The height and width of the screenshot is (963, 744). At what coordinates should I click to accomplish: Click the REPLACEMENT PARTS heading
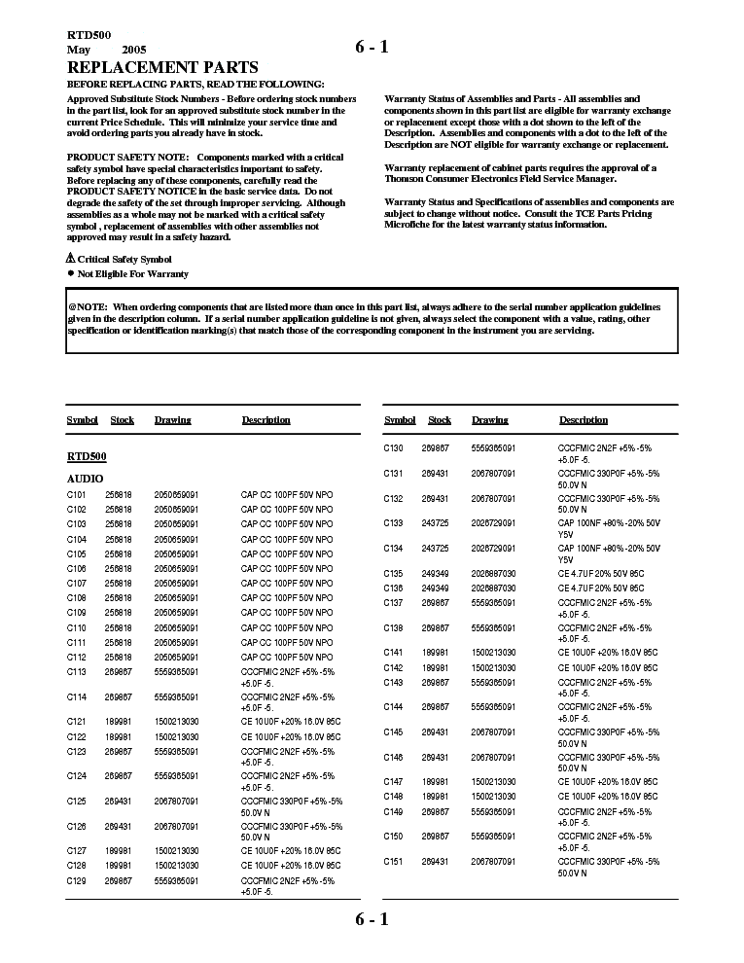pyautogui.click(x=162, y=67)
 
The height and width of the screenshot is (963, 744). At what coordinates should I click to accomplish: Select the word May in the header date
pyautogui.click(x=78, y=49)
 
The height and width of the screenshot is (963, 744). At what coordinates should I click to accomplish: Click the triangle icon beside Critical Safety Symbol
pyautogui.click(x=70, y=259)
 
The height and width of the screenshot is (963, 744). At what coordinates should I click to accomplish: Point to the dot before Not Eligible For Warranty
pyautogui.click(x=70, y=274)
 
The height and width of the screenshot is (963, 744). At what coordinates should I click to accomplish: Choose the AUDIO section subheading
pyautogui.click(x=85, y=480)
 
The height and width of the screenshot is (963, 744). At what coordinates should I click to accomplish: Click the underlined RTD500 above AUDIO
pyautogui.click(x=87, y=456)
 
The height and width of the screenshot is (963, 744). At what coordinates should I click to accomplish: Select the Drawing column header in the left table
pyautogui.click(x=172, y=420)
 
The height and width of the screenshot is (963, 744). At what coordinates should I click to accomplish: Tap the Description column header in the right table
pyautogui.click(x=584, y=420)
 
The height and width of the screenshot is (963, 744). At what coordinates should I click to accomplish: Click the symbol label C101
pyautogui.click(x=77, y=495)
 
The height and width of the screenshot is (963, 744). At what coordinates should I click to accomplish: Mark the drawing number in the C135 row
pyautogui.click(x=493, y=574)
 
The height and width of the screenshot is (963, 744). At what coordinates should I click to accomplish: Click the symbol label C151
pyautogui.click(x=393, y=861)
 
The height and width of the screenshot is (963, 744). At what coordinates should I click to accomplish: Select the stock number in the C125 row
pyautogui.click(x=118, y=802)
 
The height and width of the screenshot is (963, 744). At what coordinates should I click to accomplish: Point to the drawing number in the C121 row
pyautogui.click(x=176, y=722)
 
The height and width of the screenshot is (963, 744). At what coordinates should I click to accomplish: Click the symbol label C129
pyautogui.click(x=77, y=880)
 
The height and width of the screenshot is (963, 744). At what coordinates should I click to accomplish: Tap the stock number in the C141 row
pyautogui.click(x=435, y=653)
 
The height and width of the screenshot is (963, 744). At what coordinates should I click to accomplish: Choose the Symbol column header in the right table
pyautogui.click(x=400, y=420)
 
